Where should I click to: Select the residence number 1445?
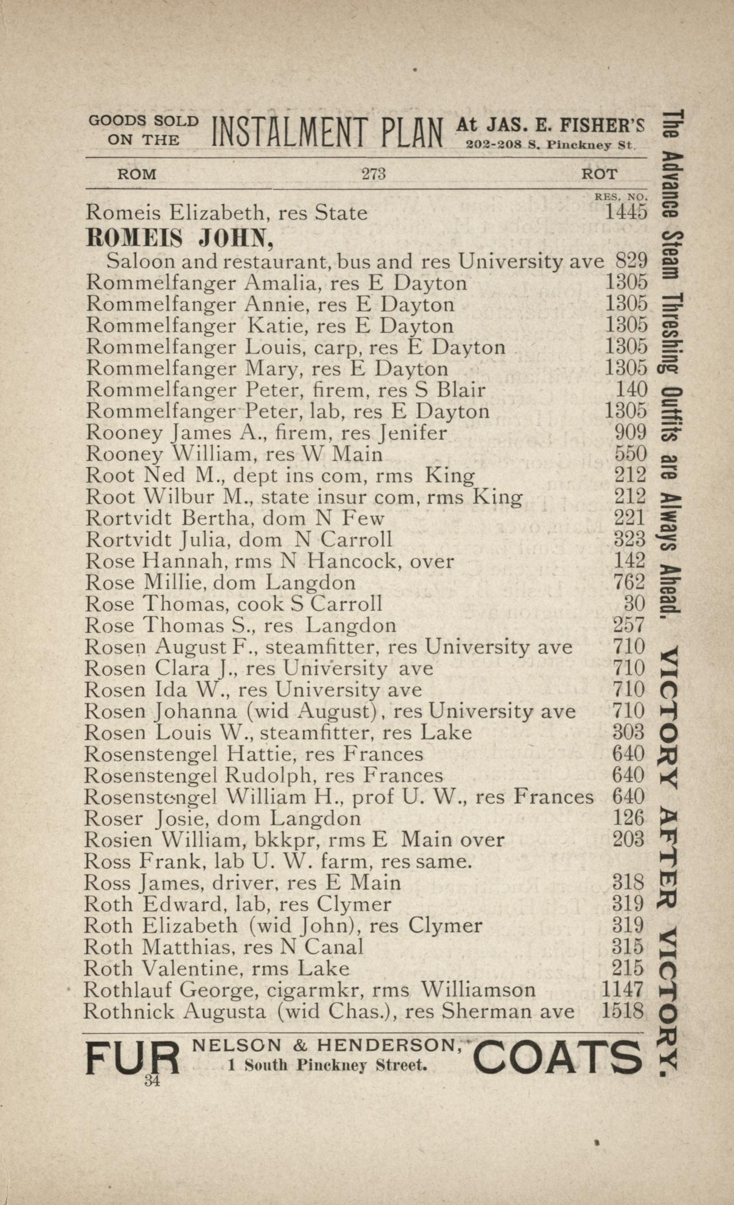[626, 213]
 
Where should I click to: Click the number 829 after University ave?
[631, 261]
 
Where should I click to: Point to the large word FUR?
[132, 1058]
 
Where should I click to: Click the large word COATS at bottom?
[556, 1058]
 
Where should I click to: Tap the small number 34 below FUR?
[152, 1080]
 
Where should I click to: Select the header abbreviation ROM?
[137, 174]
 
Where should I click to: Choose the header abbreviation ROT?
[600, 174]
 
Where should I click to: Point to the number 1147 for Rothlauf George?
[622, 990]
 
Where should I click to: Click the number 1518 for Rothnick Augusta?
[622, 1011]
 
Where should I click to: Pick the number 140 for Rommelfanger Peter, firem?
[631, 390]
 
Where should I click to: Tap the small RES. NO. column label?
[621, 197]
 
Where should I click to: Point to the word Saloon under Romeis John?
[139, 262]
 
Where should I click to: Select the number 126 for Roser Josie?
[628, 818]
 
